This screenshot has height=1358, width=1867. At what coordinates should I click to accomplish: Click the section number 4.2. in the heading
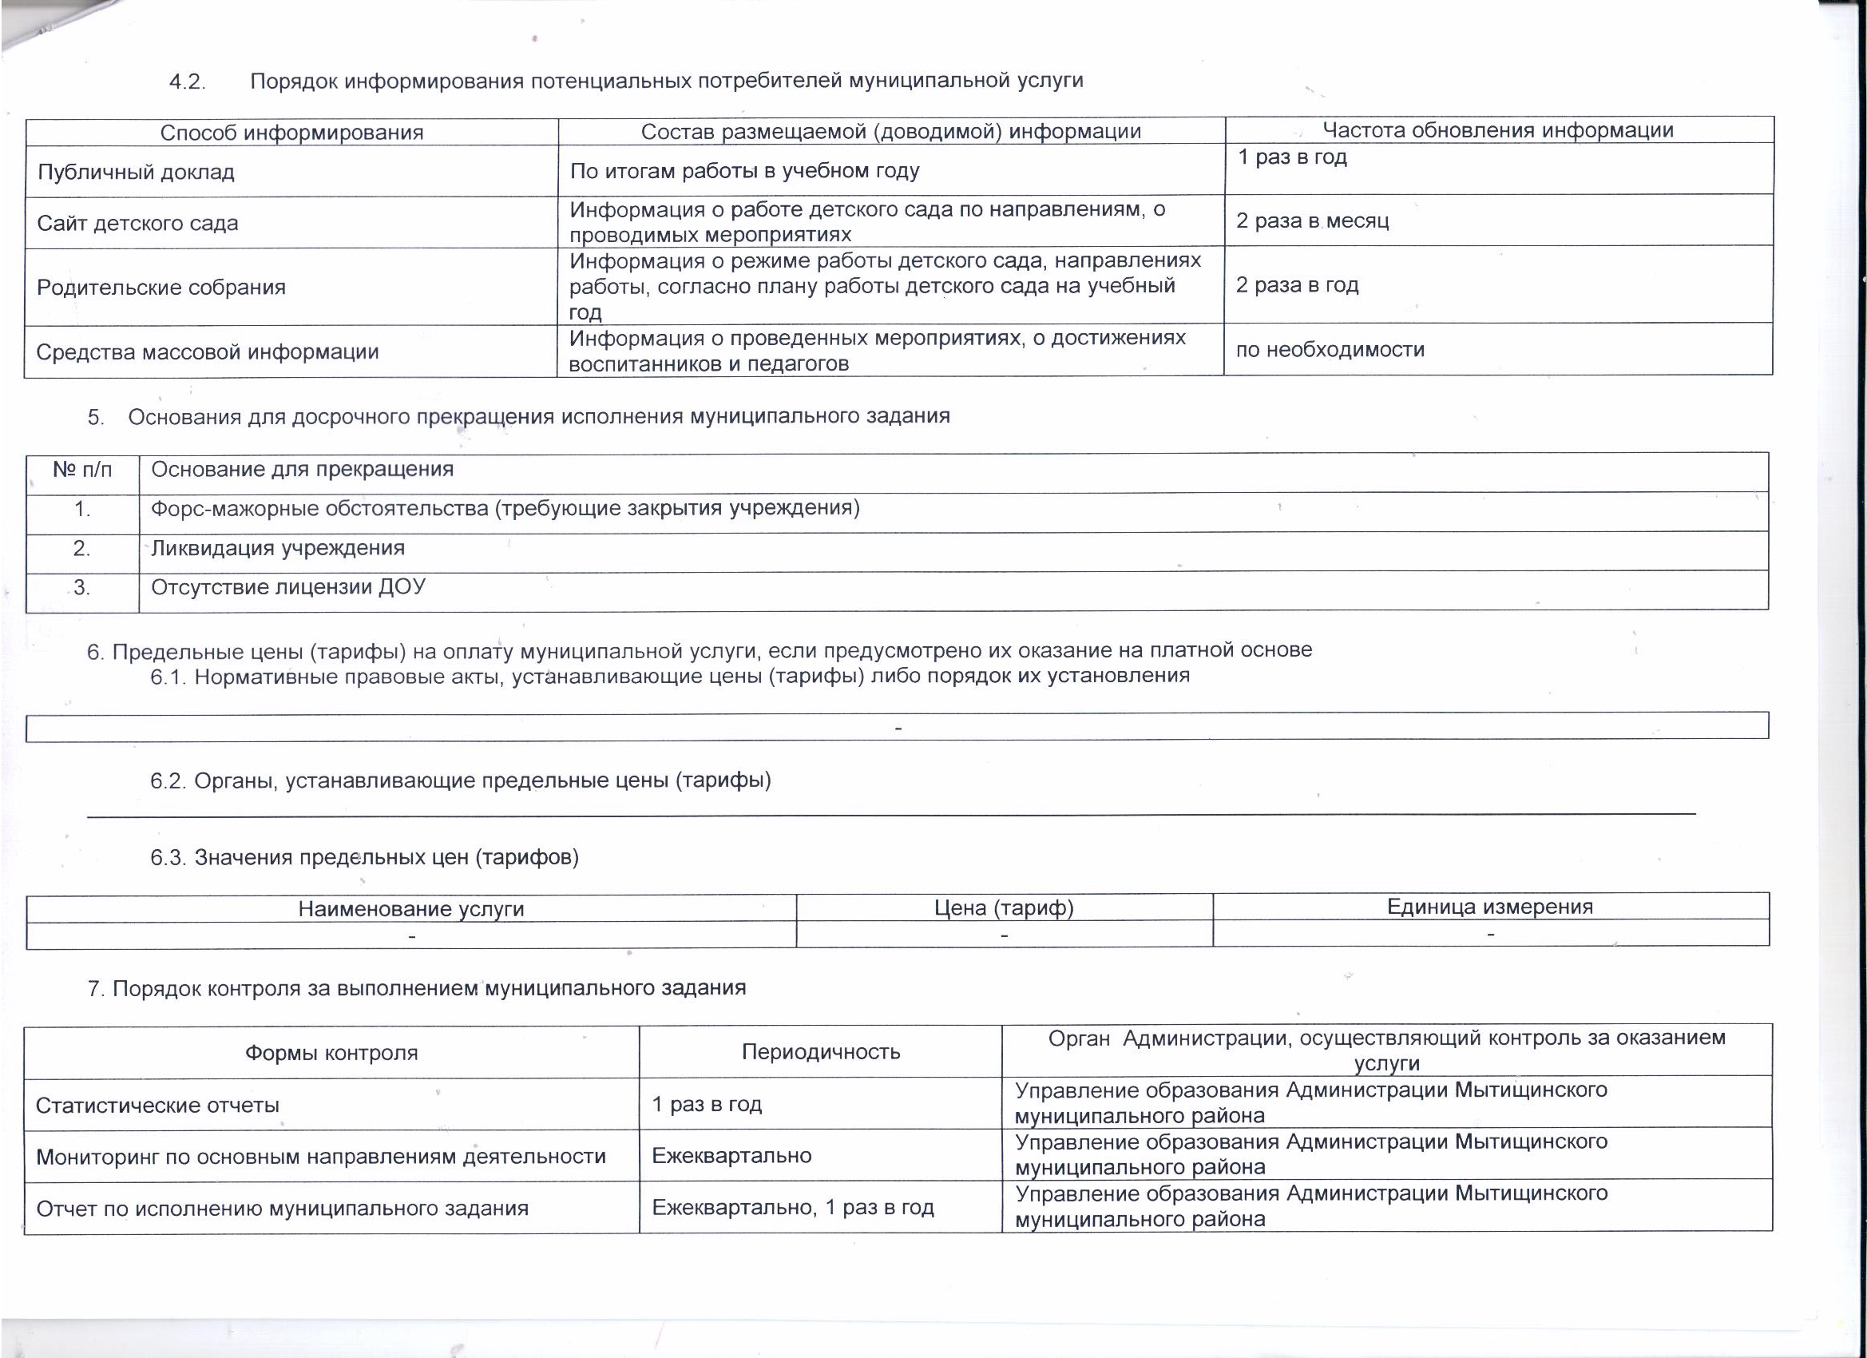(x=187, y=82)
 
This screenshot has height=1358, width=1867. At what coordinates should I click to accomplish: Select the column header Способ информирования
(x=291, y=133)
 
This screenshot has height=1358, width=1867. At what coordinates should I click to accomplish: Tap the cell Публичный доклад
(x=137, y=173)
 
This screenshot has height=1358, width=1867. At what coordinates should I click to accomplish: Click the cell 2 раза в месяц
(x=1312, y=221)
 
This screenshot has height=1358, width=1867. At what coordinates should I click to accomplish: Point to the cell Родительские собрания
(x=161, y=288)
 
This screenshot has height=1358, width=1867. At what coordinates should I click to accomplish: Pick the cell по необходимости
(x=1330, y=350)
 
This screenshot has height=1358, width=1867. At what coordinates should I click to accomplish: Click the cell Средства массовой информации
(x=208, y=352)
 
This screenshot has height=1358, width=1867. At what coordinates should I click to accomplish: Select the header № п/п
(x=82, y=471)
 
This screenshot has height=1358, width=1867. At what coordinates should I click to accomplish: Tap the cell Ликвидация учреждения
(x=277, y=549)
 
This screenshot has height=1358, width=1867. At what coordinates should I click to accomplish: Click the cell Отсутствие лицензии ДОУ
(x=288, y=587)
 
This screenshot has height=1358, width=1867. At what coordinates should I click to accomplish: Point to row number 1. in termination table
(x=82, y=510)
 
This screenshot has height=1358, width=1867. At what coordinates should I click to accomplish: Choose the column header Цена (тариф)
(x=1004, y=908)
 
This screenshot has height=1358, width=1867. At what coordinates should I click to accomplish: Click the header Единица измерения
(x=1490, y=907)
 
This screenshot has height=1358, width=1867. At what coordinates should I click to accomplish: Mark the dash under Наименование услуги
(x=411, y=935)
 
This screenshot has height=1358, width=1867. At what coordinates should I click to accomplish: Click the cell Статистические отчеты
(x=157, y=1106)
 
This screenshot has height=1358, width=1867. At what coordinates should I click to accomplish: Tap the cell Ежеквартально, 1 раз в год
(x=793, y=1208)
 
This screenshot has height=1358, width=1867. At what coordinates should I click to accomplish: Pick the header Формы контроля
(x=331, y=1054)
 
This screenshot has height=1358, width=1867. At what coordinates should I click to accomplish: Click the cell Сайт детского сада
(x=137, y=223)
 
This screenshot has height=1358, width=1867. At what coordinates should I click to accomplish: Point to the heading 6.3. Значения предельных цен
(x=364, y=858)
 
